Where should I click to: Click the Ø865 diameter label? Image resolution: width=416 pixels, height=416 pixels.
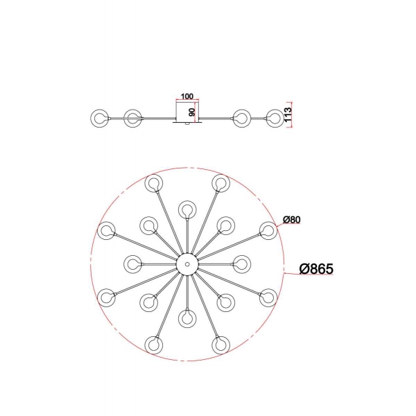(x=316, y=268)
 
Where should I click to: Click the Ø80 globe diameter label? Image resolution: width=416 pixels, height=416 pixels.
(x=292, y=220)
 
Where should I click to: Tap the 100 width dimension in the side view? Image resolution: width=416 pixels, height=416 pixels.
(x=187, y=96)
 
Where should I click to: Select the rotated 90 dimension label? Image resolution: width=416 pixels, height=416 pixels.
(x=192, y=112)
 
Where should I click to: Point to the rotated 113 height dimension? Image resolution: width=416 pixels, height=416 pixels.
(x=288, y=114)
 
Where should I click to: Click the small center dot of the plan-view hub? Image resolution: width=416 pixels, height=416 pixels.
(x=187, y=264)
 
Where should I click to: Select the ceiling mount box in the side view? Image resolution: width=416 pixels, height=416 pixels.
(x=188, y=111)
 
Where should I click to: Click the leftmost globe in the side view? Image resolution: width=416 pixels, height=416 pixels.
(x=100, y=119)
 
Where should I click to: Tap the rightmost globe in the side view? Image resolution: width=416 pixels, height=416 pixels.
(x=275, y=119)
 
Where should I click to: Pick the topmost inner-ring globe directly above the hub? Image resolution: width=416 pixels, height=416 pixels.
(x=187, y=209)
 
